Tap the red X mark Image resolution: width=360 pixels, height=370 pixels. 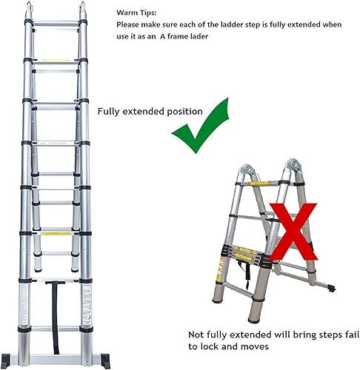293,232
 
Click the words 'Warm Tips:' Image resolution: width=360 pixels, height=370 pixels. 136,13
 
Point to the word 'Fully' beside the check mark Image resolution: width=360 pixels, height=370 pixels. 109,112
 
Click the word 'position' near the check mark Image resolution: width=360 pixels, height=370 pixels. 184,112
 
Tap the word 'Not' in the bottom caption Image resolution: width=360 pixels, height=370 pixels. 196,334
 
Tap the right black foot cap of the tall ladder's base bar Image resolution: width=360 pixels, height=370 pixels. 105,361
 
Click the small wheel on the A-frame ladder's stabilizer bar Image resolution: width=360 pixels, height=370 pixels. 331,288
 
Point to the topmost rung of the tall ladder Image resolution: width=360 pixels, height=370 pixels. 56,24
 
